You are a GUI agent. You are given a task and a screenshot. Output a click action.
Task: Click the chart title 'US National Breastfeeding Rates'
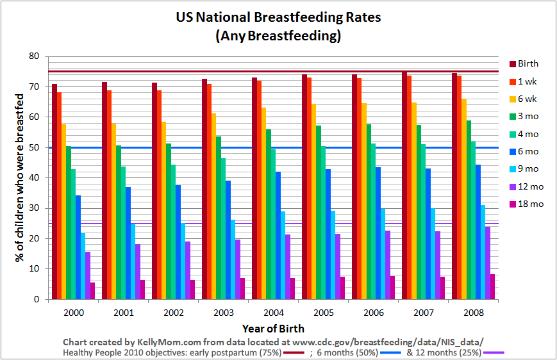click(x=278, y=17)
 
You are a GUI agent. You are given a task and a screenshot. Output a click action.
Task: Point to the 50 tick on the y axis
click(x=35, y=147)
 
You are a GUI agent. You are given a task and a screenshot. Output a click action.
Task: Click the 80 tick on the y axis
click(x=35, y=56)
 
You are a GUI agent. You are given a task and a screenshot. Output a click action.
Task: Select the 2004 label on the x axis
click(x=273, y=314)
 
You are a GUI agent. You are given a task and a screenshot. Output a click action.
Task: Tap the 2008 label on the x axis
click(x=473, y=314)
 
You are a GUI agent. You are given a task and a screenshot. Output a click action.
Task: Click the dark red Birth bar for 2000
click(x=54, y=192)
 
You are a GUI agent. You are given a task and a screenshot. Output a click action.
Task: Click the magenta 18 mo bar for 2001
click(x=142, y=290)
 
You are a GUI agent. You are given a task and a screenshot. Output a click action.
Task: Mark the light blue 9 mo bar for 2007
click(x=433, y=254)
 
